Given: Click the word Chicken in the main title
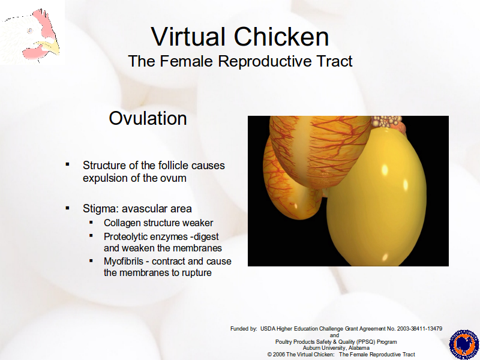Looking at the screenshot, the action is pos(281,37).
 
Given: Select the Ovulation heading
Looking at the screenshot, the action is pos(148,118).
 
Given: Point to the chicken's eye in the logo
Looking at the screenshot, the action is pos(30,31).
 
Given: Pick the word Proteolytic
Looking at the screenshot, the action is pos(128,236).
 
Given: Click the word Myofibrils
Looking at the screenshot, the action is pos(124,261).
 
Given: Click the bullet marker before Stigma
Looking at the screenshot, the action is pos(67,208).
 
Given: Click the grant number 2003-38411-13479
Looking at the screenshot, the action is pos(419,328).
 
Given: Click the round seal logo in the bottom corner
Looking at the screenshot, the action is pos(463,344).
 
